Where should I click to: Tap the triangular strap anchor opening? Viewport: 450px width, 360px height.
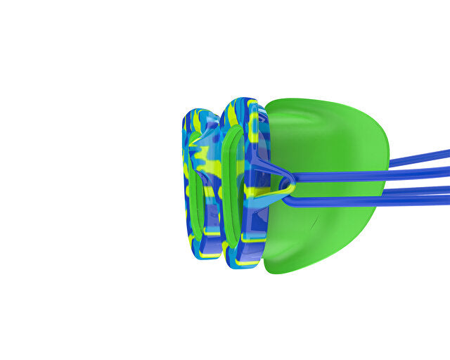pyautogui.click(x=282, y=180)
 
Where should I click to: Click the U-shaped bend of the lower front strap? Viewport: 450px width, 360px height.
pyautogui.click(x=287, y=201)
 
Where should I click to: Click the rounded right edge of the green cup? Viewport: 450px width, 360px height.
pyautogui.click(x=385, y=169)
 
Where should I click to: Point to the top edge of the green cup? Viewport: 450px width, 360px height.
pyautogui.click(x=309, y=101)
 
